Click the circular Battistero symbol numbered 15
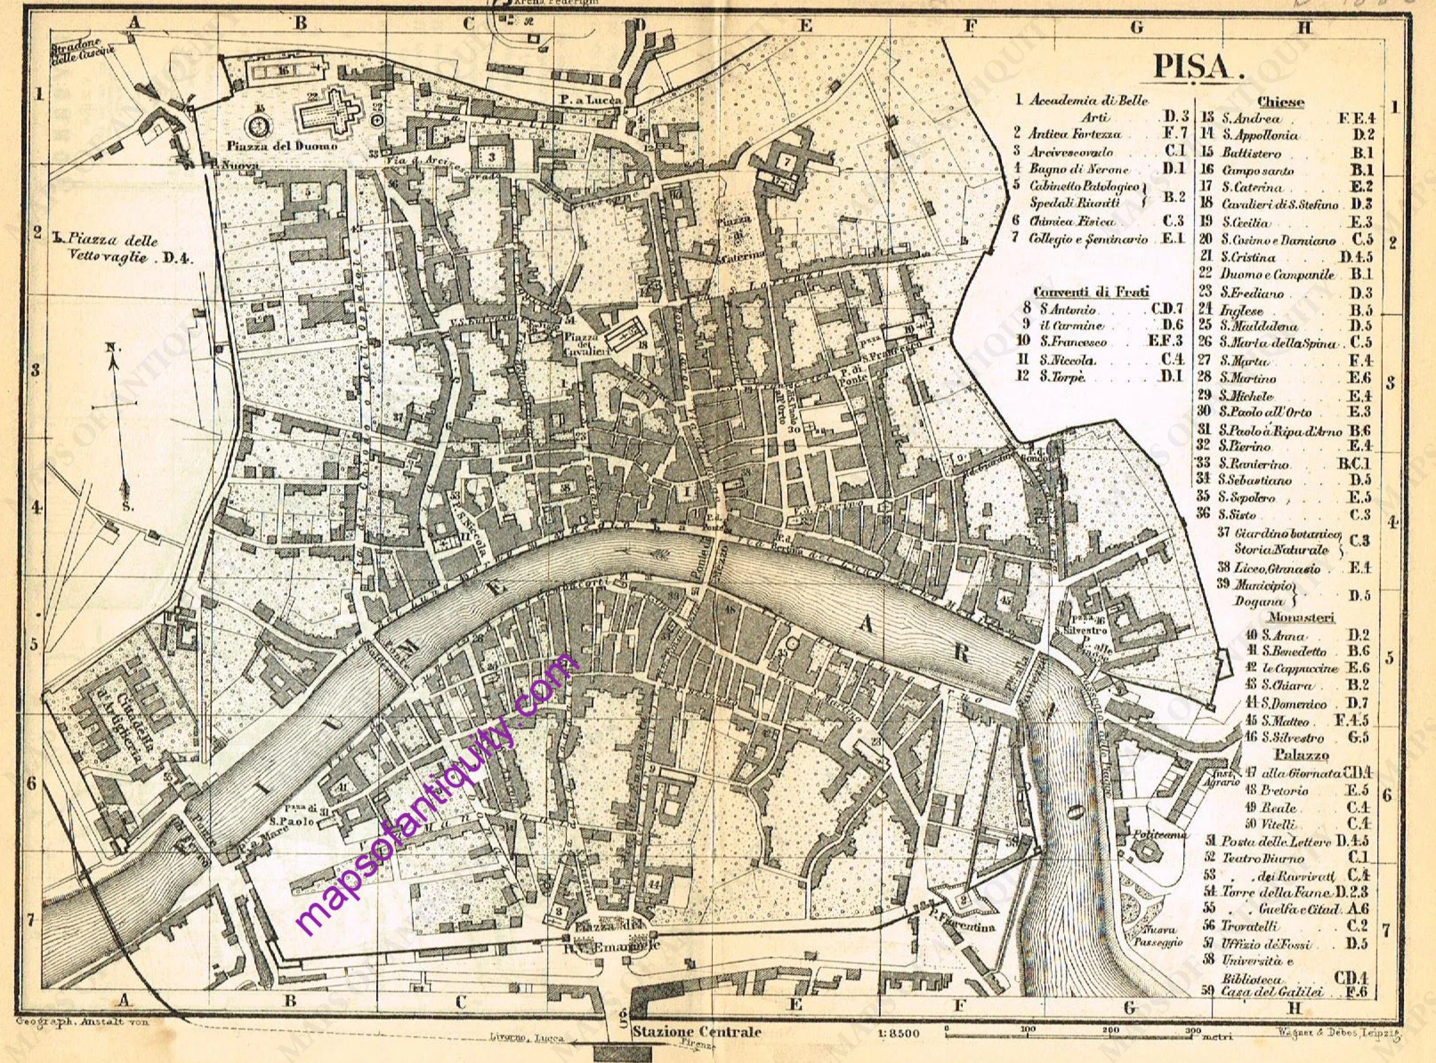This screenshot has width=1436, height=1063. [260, 124]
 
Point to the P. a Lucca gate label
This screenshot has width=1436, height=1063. [590, 100]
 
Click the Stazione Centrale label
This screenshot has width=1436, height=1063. [696, 1031]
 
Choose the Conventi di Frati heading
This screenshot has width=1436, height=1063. [1091, 291]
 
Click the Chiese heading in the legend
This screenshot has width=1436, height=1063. [1280, 101]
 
